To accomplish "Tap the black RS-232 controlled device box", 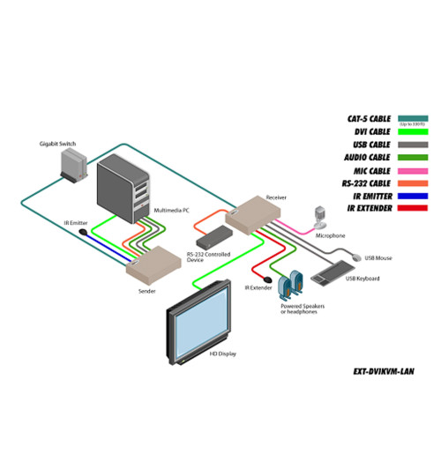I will [211, 236].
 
